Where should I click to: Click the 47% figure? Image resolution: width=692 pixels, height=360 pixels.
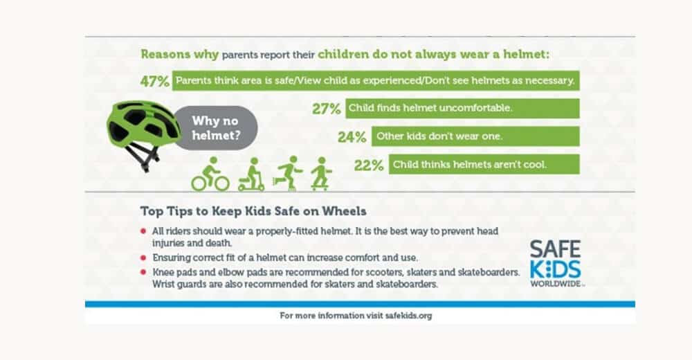154,81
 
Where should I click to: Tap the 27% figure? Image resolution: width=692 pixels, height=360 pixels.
326,109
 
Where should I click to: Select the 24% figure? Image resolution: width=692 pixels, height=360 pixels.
352,137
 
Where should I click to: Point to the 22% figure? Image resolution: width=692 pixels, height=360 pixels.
369,165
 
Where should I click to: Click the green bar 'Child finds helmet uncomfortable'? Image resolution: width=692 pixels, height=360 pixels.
462,108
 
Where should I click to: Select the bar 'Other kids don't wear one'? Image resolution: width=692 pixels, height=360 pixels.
475,136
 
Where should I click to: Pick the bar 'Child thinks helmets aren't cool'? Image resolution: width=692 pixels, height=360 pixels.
484,164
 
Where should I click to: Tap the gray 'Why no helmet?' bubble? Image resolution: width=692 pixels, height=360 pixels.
215,128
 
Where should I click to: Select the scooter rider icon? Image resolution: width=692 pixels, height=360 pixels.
252,174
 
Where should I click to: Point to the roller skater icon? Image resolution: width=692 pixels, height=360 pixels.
287,173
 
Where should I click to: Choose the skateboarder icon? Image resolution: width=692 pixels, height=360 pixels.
321,174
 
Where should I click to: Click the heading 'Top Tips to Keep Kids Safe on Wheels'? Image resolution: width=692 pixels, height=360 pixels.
253,211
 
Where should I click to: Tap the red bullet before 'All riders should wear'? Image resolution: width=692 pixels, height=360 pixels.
143,231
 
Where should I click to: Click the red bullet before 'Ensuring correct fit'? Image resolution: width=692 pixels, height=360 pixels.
143,258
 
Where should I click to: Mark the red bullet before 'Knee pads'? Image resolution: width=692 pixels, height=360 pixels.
143,272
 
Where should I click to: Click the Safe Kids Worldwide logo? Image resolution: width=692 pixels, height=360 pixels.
556,264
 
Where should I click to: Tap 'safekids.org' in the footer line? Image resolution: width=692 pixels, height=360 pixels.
408,316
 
